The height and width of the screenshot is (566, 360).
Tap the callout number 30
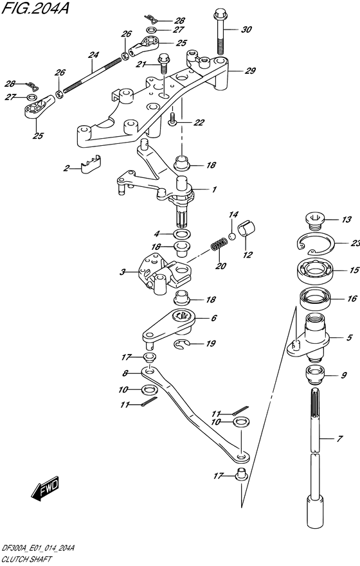point(246,30)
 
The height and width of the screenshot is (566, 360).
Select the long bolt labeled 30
point(220,33)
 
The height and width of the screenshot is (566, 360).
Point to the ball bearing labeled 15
point(315,270)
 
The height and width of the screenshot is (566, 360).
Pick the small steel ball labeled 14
point(232,237)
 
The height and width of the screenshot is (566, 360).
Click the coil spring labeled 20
point(218,244)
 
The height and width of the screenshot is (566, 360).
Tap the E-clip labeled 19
point(183,344)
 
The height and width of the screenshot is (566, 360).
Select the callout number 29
point(250,71)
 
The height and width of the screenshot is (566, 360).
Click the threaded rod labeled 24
point(92,75)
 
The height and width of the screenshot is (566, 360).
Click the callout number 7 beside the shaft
point(339,439)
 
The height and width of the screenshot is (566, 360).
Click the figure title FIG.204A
point(35,8)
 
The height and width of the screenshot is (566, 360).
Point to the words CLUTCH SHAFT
point(27,560)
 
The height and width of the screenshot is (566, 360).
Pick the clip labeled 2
point(90,164)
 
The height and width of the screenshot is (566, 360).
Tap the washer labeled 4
point(183,234)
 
